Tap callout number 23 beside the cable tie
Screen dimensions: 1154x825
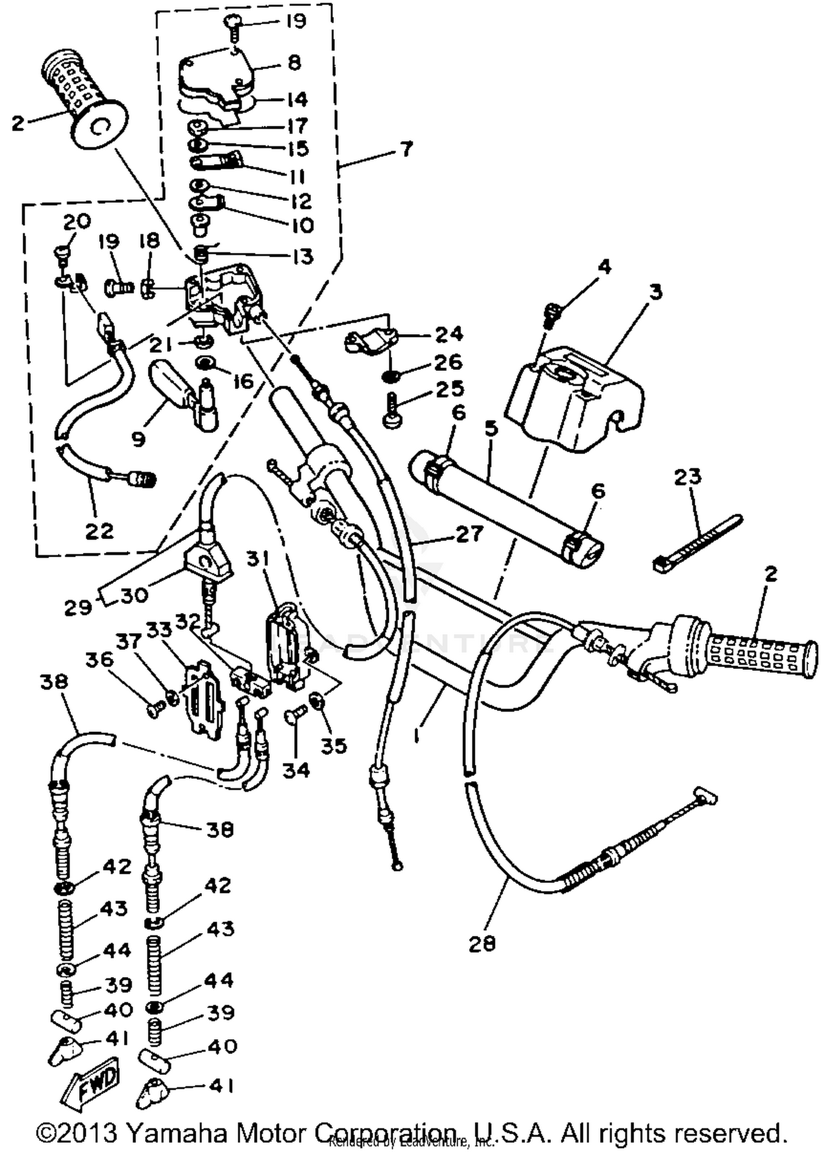(x=687, y=476)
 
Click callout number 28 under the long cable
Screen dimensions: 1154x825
(x=482, y=944)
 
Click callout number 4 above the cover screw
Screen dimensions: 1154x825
(x=604, y=267)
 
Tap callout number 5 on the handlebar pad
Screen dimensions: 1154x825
(x=491, y=428)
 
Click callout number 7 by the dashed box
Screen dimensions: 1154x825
(x=405, y=149)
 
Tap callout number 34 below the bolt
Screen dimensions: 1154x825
(x=296, y=770)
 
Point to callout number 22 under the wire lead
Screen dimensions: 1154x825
(x=100, y=531)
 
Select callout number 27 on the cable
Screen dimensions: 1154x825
(x=469, y=534)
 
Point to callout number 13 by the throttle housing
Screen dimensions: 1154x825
(x=302, y=257)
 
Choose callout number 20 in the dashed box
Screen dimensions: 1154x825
(x=77, y=221)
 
